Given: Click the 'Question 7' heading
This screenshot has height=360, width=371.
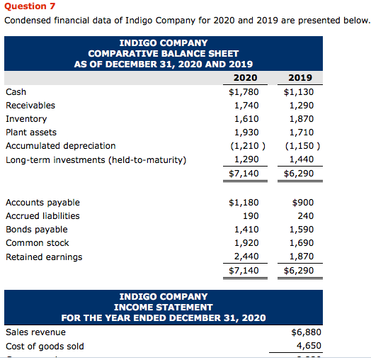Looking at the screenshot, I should click(30, 6).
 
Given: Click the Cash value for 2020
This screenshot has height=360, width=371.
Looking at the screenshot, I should click(244, 91).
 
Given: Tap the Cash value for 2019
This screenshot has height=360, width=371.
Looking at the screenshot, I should click(299, 91).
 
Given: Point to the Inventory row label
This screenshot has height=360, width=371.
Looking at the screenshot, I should click(26, 119).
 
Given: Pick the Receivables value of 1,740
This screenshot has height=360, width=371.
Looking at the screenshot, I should click(246, 105).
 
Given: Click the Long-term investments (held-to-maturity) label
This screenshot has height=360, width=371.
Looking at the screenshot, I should click(96, 159).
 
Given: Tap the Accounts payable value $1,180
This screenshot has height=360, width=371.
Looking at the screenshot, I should click(244, 202).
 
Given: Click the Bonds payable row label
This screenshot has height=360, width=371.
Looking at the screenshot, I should click(37, 230).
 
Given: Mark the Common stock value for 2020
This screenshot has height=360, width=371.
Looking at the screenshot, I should click(246, 243).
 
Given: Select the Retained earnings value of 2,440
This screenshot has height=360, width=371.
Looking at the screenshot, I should click(246, 257).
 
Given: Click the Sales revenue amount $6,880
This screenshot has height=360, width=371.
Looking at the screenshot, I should click(306, 332).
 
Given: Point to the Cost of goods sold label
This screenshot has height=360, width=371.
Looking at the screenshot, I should click(45, 346).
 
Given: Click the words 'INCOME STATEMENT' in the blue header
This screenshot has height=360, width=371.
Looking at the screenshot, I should click(164, 307).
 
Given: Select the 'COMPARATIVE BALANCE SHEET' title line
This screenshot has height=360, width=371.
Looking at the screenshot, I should click(164, 53).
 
